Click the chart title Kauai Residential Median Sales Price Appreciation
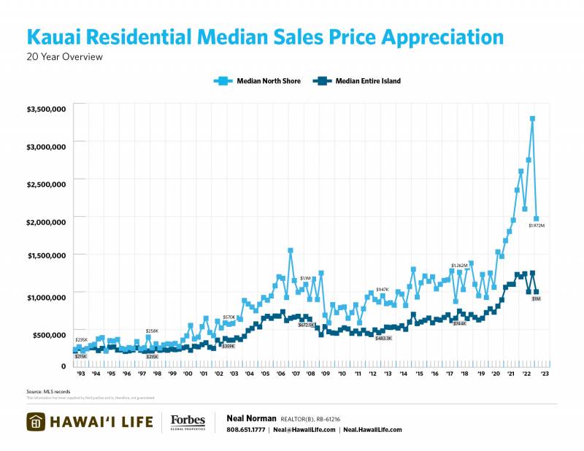[x=264, y=37]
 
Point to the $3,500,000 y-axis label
[x=47, y=109]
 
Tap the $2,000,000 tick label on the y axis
[x=47, y=221]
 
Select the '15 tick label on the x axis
[x=419, y=373]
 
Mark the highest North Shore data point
[x=533, y=118]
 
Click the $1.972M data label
[x=537, y=225]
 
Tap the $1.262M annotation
[x=459, y=266]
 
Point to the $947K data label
[x=383, y=290]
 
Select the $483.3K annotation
[x=384, y=338]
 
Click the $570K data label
[x=229, y=317]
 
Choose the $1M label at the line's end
[x=536, y=299]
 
